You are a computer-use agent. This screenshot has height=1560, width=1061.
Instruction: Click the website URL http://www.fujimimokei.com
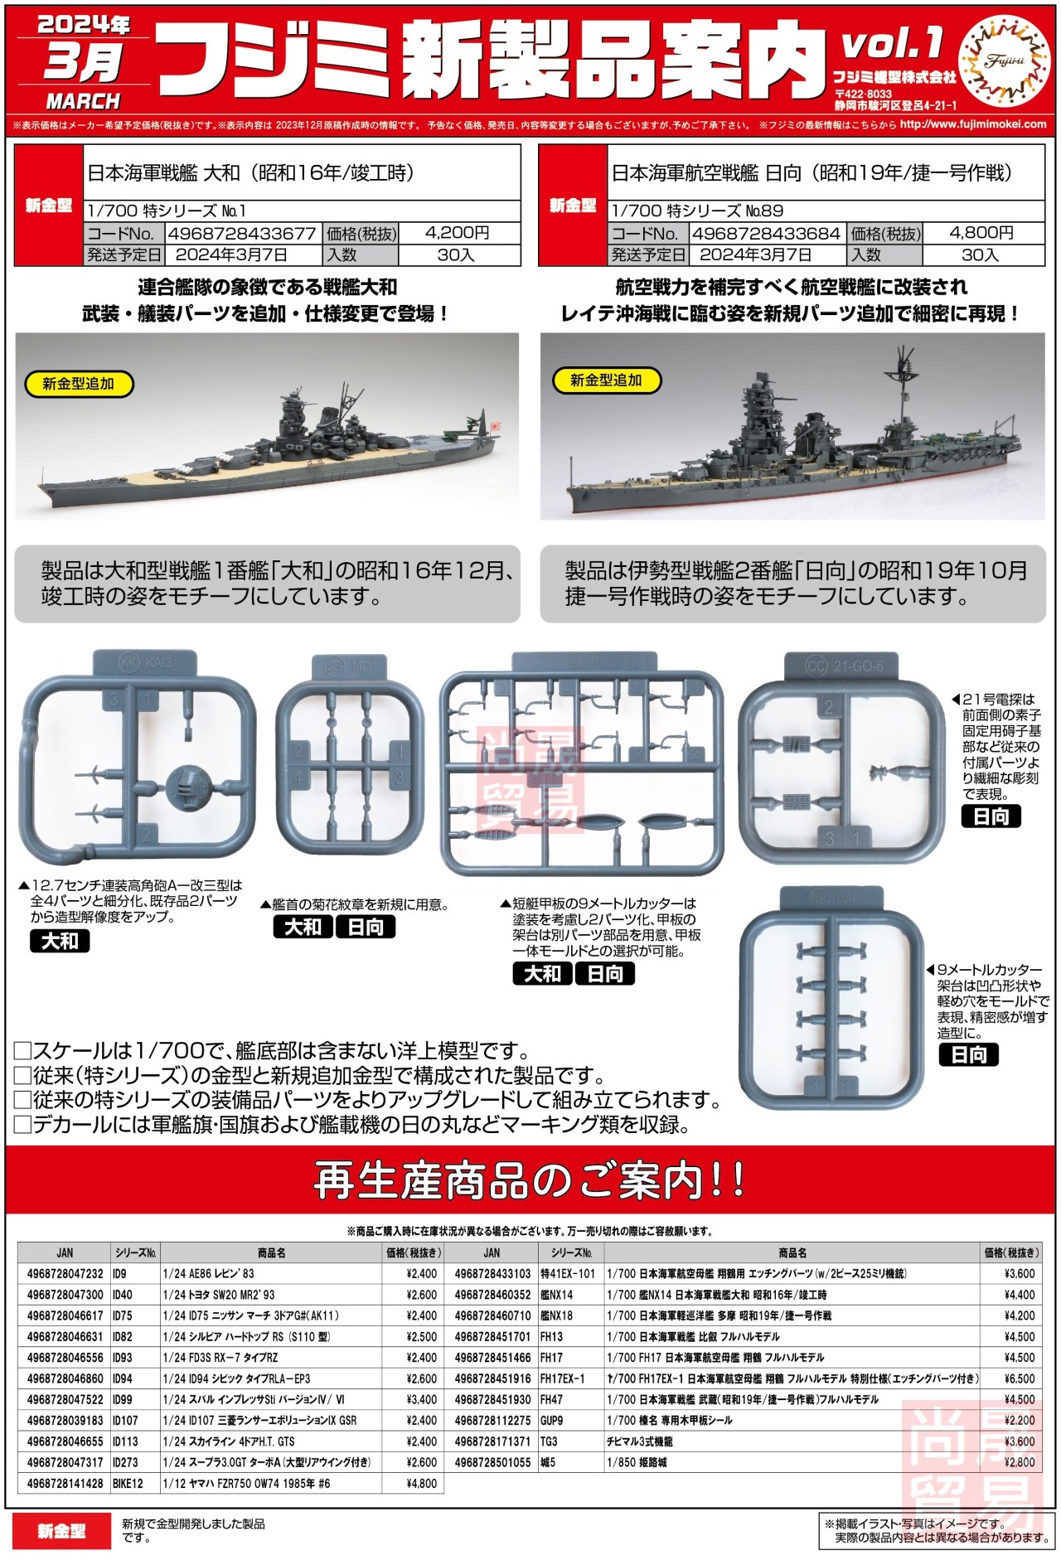[x=972, y=124]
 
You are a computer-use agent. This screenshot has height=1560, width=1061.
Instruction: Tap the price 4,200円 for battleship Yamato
[x=457, y=233]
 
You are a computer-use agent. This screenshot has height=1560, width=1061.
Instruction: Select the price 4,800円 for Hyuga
[x=981, y=233]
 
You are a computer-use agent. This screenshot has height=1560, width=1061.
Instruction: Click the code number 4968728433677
[x=242, y=234]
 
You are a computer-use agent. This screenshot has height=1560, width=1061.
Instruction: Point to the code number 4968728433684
[x=766, y=234]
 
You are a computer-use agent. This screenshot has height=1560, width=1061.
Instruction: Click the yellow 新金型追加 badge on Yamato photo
[x=78, y=384]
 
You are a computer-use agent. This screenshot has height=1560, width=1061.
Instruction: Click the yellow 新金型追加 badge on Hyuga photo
[x=606, y=380]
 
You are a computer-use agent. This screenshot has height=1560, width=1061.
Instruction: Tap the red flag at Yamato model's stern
[x=497, y=429]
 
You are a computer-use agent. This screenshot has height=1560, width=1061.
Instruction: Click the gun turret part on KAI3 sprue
[x=190, y=784]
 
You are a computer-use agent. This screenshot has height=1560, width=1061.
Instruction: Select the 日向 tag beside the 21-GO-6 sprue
[x=991, y=816]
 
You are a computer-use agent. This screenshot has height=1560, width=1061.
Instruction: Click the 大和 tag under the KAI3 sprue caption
[x=60, y=941]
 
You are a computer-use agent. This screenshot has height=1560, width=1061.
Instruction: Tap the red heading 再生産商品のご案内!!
[x=530, y=1180]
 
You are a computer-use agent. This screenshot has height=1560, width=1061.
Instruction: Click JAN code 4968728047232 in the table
[x=65, y=1273]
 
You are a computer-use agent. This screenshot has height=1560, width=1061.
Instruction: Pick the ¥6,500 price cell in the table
[x=1020, y=1378]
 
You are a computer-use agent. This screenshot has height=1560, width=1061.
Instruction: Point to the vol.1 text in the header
[x=893, y=43]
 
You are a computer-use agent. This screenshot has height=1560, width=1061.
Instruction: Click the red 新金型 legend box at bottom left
[x=61, y=1530]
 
